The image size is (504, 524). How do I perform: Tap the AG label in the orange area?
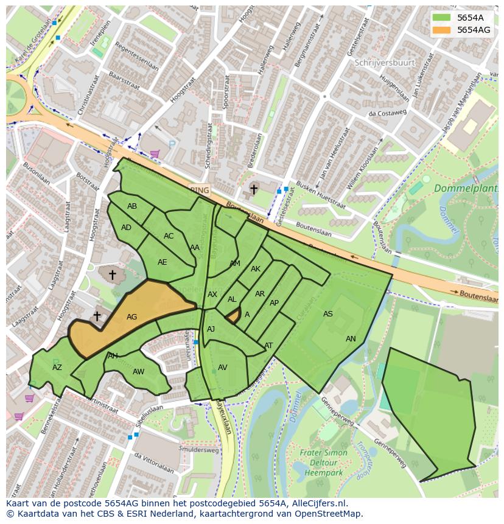click(x=131, y=317)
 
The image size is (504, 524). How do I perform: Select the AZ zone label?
click(x=57, y=368)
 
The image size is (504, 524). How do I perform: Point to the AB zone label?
click(x=132, y=206)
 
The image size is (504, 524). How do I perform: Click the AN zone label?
click(x=351, y=339)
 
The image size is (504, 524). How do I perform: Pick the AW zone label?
click(x=138, y=372)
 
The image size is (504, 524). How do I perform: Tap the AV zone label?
click(x=222, y=368)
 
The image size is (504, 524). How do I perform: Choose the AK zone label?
click(x=256, y=269)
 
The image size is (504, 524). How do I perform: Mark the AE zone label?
click(x=162, y=262)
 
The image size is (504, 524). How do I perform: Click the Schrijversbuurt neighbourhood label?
click(x=385, y=63)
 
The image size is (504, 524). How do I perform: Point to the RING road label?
click(x=200, y=190)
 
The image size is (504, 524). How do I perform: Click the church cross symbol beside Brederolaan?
click(x=254, y=190)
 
